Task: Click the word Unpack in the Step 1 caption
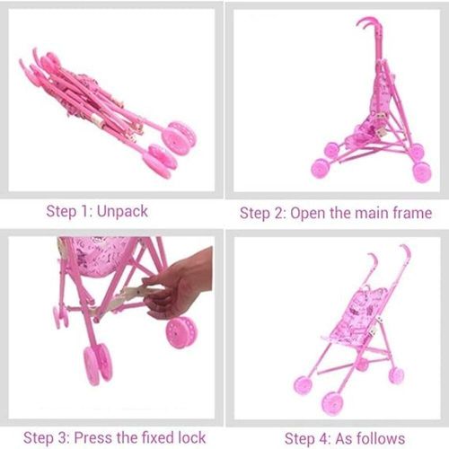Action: click(122, 212)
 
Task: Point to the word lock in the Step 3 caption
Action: click(192, 437)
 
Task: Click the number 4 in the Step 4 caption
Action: click(324, 439)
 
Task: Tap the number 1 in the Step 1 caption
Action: click(84, 212)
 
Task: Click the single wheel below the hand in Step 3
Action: click(181, 332)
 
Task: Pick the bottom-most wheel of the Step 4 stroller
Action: click(332, 403)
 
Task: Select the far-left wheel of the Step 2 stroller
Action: click(321, 169)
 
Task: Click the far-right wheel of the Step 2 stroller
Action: click(422, 172)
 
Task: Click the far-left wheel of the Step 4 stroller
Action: click(303, 385)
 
